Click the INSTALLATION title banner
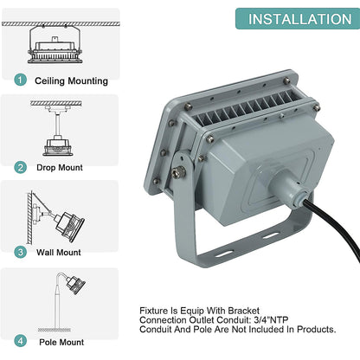(x=298, y=19)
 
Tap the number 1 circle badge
(x=20, y=80)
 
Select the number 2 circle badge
(x=20, y=167)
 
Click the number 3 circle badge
(x=20, y=252)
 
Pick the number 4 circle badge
(x=20, y=341)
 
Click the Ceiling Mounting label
(x=71, y=80)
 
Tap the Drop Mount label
(x=60, y=168)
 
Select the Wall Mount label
(x=59, y=253)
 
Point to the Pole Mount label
(x=61, y=342)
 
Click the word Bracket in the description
(x=244, y=311)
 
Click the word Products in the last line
(x=317, y=329)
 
